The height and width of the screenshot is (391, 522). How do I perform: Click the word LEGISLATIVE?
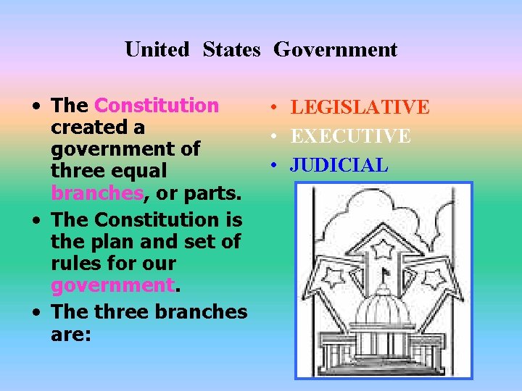coord(360,108)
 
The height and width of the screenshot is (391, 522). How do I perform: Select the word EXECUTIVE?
coord(350,136)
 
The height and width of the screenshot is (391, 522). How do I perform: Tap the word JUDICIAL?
coord(339,165)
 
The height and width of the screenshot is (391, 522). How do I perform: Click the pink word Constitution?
coord(157,106)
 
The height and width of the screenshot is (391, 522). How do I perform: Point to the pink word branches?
coord(96,193)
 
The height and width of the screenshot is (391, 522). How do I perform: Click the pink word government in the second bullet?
coord(113,285)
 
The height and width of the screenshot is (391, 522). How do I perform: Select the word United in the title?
coord(157,50)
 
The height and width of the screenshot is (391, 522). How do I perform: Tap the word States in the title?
coord(231,50)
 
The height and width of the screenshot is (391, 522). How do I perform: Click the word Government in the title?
coord(335,50)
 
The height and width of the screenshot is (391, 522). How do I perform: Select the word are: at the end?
coord(70,335)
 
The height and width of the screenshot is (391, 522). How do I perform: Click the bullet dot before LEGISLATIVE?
coord(271,109)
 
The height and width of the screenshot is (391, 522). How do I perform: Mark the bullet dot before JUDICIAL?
coord(271,166)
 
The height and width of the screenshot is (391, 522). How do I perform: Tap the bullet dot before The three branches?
coord(36,314)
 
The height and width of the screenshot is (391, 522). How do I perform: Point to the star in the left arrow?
coord(335,277)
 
